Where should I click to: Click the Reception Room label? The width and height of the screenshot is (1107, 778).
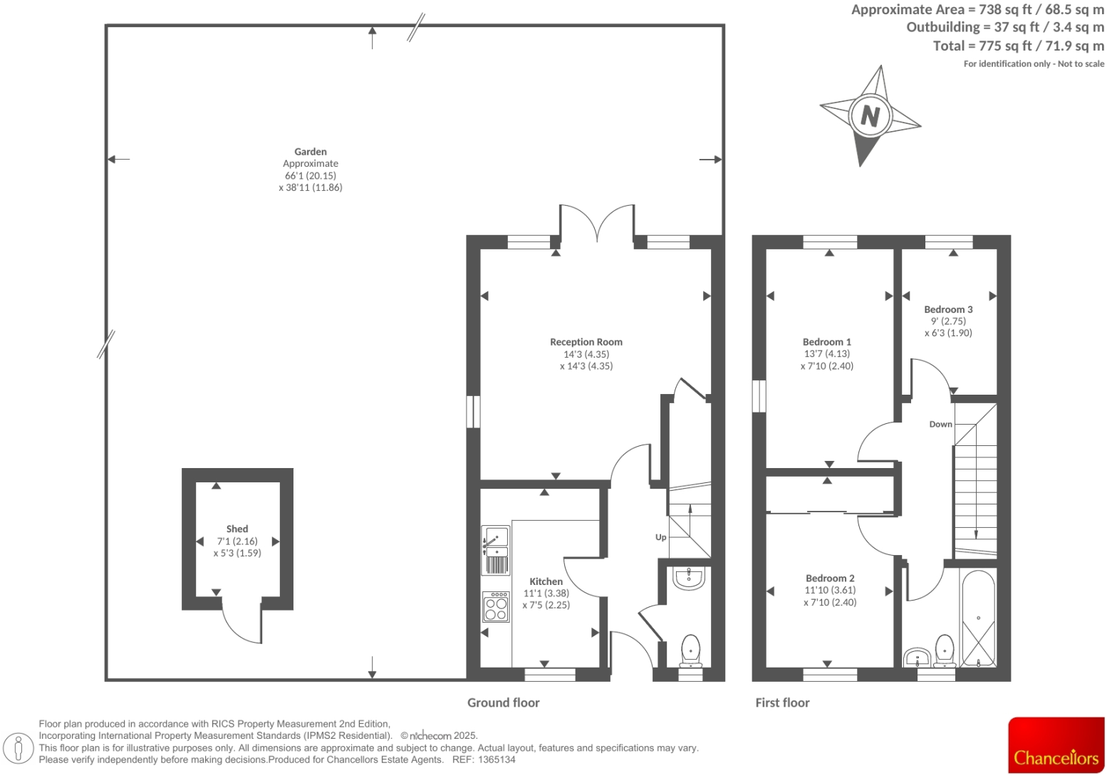[x=586, y=342]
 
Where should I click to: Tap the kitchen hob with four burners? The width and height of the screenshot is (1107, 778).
[x=496, y=607]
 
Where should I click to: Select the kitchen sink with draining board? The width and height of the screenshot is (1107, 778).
[x=495, y=550]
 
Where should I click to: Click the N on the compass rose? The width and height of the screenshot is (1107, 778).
[x=870, y=115]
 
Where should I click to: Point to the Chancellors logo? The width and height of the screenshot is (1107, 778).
[x=1056, y=745]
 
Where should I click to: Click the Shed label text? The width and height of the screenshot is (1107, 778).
[x=237, y=529]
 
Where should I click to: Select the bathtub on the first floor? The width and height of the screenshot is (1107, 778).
[x=978, y=618]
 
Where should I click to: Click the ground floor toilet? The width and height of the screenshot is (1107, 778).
[x=690, y=650]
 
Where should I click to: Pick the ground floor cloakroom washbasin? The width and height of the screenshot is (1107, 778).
[x=688, y=578]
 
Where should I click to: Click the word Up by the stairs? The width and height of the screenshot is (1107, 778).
[x=660, y=537]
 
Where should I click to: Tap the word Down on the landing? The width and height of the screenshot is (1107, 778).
[x=940, y=424]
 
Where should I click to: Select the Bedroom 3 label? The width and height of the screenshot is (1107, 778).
[x=948, y=309]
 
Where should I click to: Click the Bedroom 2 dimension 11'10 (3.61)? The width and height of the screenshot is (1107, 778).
[x=830, y=590]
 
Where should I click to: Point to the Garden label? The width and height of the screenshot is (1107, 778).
[x=311, y=152]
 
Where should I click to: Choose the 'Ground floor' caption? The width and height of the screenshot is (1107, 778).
[x=503, y=702]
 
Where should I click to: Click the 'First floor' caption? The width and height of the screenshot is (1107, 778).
[x=782, y=702]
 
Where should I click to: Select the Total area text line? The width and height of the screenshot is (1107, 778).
[x=1018, y=46]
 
